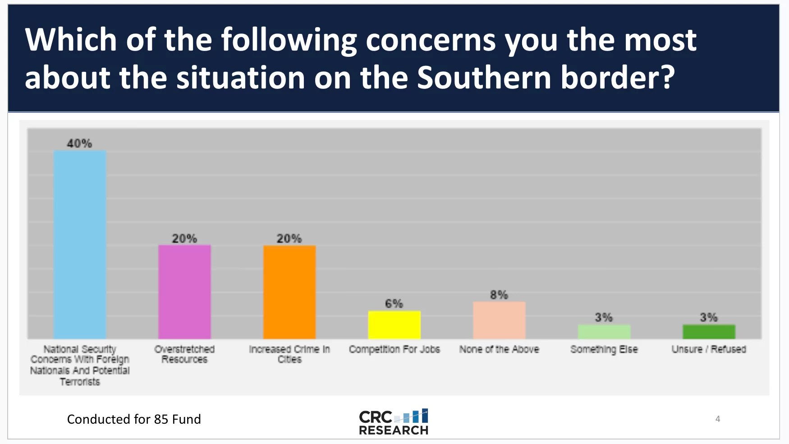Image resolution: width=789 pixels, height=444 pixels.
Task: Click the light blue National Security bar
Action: point(80,244)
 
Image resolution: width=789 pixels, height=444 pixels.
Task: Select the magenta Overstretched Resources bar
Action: point(184,291)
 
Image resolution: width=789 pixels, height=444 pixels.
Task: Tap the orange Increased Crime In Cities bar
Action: point(289,291)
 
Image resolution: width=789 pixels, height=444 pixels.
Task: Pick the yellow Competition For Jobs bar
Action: point(394,324)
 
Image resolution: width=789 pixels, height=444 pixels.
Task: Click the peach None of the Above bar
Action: point(499,320)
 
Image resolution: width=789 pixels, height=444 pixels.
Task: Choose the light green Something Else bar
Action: point(604,332)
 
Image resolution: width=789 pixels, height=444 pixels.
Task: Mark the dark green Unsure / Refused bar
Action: point(709,332)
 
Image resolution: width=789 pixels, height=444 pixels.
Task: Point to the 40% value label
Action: point(79,143)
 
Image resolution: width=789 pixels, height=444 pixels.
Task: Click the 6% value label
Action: point(394,304)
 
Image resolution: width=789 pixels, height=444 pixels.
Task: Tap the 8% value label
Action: point(499,295)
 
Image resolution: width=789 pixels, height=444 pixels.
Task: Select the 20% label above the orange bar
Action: point(289,238)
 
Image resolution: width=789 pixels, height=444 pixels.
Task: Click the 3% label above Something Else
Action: point(604,317)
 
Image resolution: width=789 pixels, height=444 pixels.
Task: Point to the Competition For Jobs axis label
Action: point(394,349)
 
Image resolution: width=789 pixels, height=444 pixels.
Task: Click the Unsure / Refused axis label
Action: point(709,349)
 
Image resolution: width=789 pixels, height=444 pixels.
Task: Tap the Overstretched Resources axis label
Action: point(184,354)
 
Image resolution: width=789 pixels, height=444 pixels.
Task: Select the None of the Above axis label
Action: point(499,349)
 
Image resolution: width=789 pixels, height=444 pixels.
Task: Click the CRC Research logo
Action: point(394,422)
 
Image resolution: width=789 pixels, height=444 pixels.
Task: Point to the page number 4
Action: point(718,419)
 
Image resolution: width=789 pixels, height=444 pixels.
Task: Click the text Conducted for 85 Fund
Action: point(134,419)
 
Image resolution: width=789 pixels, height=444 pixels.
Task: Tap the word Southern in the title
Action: point(484,78)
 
